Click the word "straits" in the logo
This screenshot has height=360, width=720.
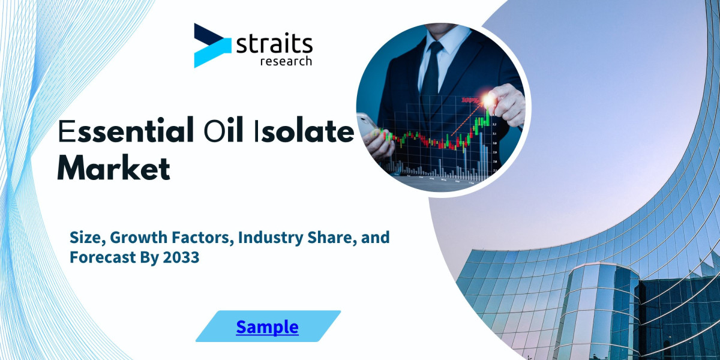pyautogui.click(x=274, y=44)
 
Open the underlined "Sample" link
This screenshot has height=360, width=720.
pyautogui.click(x=267, y=326)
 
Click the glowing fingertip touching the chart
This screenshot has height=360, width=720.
pyautogui.click(x=491, y=99)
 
